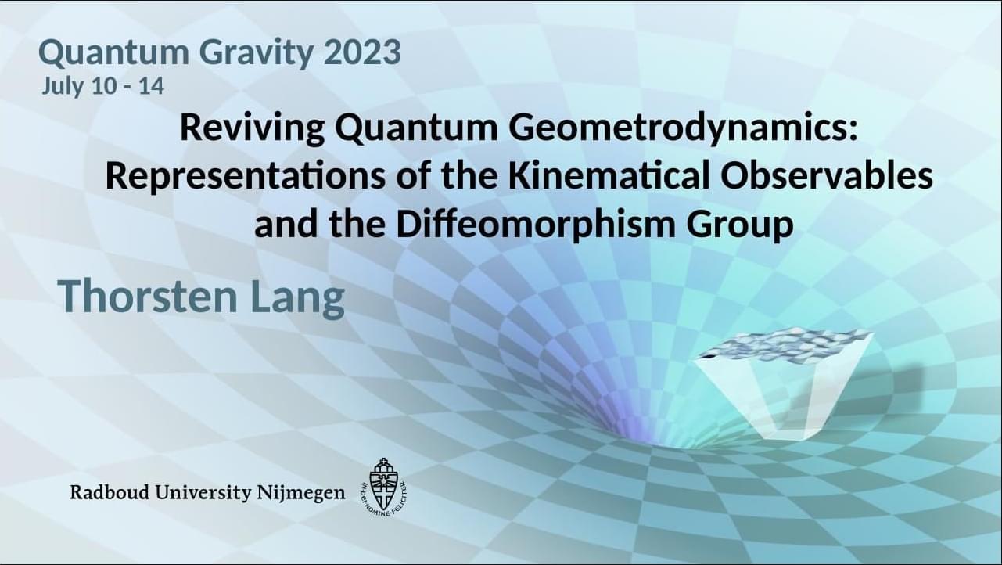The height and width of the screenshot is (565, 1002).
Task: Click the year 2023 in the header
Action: pos(362,52)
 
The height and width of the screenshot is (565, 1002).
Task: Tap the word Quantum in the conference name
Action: pos(113,53)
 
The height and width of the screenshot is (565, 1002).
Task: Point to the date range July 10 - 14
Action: pos(103,86)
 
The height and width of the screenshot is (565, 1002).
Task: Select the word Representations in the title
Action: pos(245,177)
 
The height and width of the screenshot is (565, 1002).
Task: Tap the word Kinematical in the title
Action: pos(609,175)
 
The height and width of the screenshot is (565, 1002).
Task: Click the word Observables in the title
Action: pos(827,175)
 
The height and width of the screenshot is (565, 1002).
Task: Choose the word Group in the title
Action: pos(740,225)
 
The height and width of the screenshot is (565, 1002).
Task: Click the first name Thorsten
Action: pos(148,296)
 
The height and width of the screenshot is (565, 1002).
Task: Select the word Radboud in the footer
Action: pos(110,492)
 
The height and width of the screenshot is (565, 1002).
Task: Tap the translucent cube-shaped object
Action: pos(783,385)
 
